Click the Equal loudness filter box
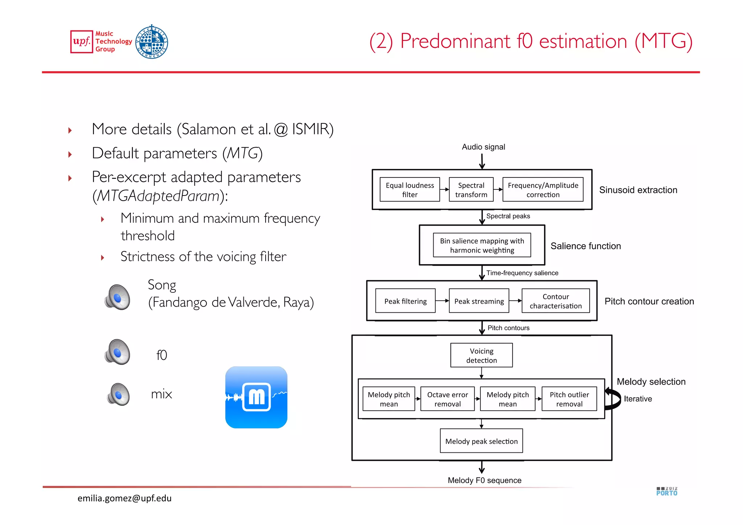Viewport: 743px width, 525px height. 410,189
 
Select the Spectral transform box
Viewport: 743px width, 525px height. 471,189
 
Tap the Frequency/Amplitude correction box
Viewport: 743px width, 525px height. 543,189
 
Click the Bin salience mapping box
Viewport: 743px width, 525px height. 482,245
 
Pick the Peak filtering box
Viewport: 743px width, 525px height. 405,301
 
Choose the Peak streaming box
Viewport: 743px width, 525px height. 479,301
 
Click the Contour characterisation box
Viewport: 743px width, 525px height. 555,301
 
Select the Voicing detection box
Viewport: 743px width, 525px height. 481,355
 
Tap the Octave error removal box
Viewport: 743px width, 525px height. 447,399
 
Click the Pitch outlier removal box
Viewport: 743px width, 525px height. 569,399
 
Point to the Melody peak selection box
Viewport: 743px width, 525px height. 481,441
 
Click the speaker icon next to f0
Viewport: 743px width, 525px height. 117,352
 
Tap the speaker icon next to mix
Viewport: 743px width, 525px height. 118,394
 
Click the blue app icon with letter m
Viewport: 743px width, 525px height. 256,397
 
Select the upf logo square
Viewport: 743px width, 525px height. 82,42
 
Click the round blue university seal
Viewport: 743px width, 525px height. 152,42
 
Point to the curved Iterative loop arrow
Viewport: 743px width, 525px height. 613,399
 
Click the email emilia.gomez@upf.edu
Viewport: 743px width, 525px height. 124,498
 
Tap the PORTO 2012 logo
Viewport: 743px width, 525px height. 666,491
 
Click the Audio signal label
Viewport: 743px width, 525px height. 483,147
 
